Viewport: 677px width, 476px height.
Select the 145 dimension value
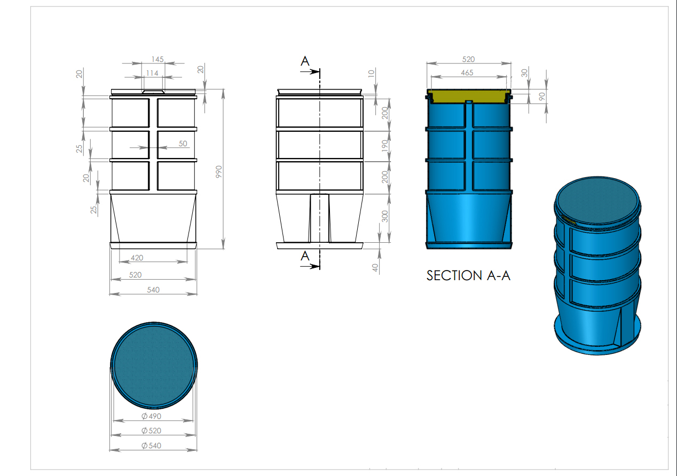(157, 59)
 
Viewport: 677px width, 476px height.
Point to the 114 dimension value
(152, 73)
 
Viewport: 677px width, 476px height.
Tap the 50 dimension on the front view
(183, 144)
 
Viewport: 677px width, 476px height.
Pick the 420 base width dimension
(137, 258)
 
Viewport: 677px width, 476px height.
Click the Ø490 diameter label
(151, 416)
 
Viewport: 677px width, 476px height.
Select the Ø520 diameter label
(151, 431)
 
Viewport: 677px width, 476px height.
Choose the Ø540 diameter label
(151, 446)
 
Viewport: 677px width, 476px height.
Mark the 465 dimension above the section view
(467, 73)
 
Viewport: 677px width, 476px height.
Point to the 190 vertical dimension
(385, 145)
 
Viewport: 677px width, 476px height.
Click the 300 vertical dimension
(385, 216)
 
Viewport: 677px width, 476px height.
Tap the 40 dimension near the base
(375, 267)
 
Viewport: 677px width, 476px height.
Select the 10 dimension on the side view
(372, 73)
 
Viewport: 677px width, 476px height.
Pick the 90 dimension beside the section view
(541, 97)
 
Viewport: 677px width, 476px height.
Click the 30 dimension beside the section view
(524, 73)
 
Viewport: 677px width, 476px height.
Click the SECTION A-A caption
(468, 275)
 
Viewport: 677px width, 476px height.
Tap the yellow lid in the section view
(469, 96)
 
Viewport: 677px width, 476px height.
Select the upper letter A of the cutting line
(305, 61)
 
